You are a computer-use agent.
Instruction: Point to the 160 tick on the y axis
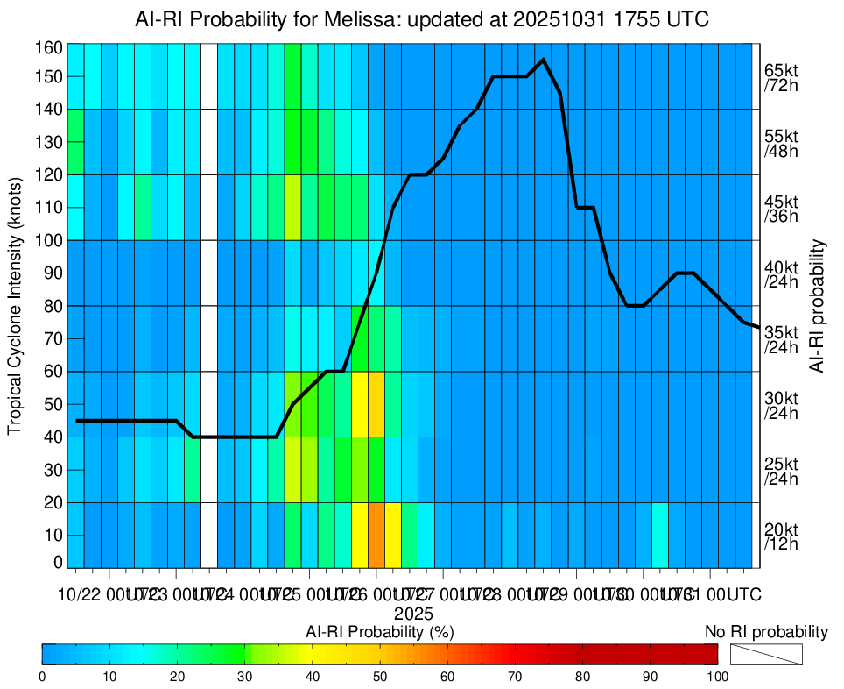pos(49,46)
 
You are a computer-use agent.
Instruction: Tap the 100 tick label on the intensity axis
pos(49,240)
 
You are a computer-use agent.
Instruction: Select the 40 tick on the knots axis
pos(53,437)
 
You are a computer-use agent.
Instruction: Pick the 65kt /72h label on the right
pos(781,78)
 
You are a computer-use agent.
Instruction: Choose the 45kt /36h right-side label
pos(781,209)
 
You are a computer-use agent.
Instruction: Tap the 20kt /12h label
pos(781,536)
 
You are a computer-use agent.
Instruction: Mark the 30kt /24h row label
pos(781,405)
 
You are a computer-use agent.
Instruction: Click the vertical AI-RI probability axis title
pos(819,305)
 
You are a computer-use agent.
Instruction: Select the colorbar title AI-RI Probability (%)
pos(379,631)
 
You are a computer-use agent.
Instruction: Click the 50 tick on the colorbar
pos(380,676)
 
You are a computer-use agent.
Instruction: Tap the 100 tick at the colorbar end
pos(717,676)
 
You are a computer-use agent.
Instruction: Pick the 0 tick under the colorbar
pos(42,676)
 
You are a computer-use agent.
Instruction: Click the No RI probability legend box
pos(766,654)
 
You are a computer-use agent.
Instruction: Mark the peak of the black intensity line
pos(544,60)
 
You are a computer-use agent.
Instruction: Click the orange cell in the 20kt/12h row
pos(376,535)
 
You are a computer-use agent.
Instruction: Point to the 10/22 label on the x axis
pos(79,594)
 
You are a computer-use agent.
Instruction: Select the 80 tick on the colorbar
pos(582,676)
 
